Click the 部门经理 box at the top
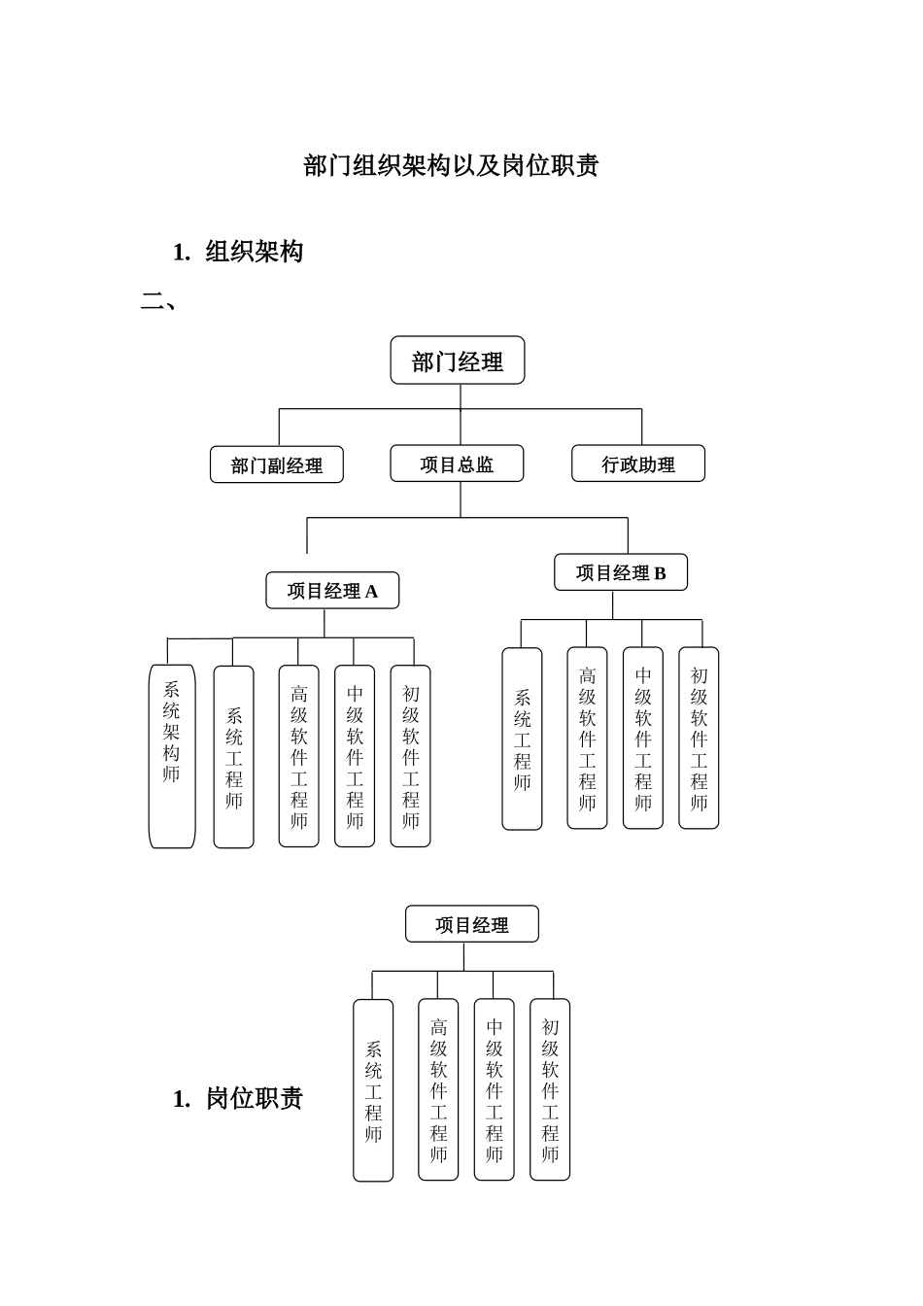[457, 361]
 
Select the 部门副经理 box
[277, 464]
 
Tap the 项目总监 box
[457, 464]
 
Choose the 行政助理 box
[638, 464]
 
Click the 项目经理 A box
[332, 590]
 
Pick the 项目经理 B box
[621, 572]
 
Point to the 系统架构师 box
[172, 755]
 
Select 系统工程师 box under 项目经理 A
[233, 756]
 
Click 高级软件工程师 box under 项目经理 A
[298, 755]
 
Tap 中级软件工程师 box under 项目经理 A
[355, 755]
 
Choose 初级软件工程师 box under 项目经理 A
[410, 755]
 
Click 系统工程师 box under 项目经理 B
[522, 739]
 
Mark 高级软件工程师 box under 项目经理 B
[587, 738]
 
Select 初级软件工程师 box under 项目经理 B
[699, 738]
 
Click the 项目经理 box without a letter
[471, 924]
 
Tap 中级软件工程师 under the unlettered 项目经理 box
[494, 1089]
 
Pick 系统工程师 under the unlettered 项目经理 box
[373, 1090]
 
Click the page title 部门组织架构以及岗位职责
[451, 165]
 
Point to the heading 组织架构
[255, 252]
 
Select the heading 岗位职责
[255, 1098]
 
